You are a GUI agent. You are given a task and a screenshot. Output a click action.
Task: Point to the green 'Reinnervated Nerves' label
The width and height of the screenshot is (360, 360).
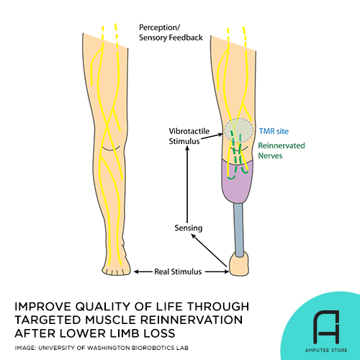282,150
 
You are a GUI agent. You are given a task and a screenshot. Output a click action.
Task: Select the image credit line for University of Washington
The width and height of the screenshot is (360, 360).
113,348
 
